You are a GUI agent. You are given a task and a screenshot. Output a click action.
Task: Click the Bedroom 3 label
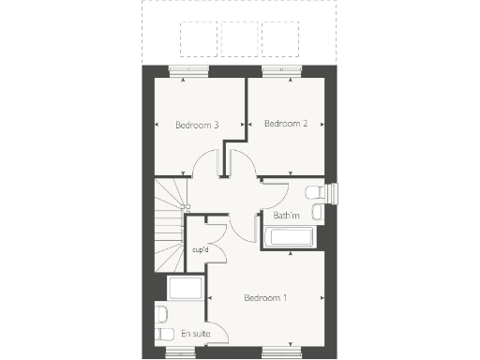[x=197, y=124]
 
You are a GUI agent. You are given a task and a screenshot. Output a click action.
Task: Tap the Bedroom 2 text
[x=286, y=123]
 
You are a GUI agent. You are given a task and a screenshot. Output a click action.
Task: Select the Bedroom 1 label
[x=265, y=298]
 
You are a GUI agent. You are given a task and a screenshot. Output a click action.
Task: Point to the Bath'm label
[x=286, y=217]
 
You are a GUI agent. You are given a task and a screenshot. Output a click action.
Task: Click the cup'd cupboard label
[x=200, y=250]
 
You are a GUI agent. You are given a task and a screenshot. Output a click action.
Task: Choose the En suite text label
[x=194, y=333]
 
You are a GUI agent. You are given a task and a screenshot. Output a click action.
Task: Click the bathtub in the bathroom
[x=289, y=238]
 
